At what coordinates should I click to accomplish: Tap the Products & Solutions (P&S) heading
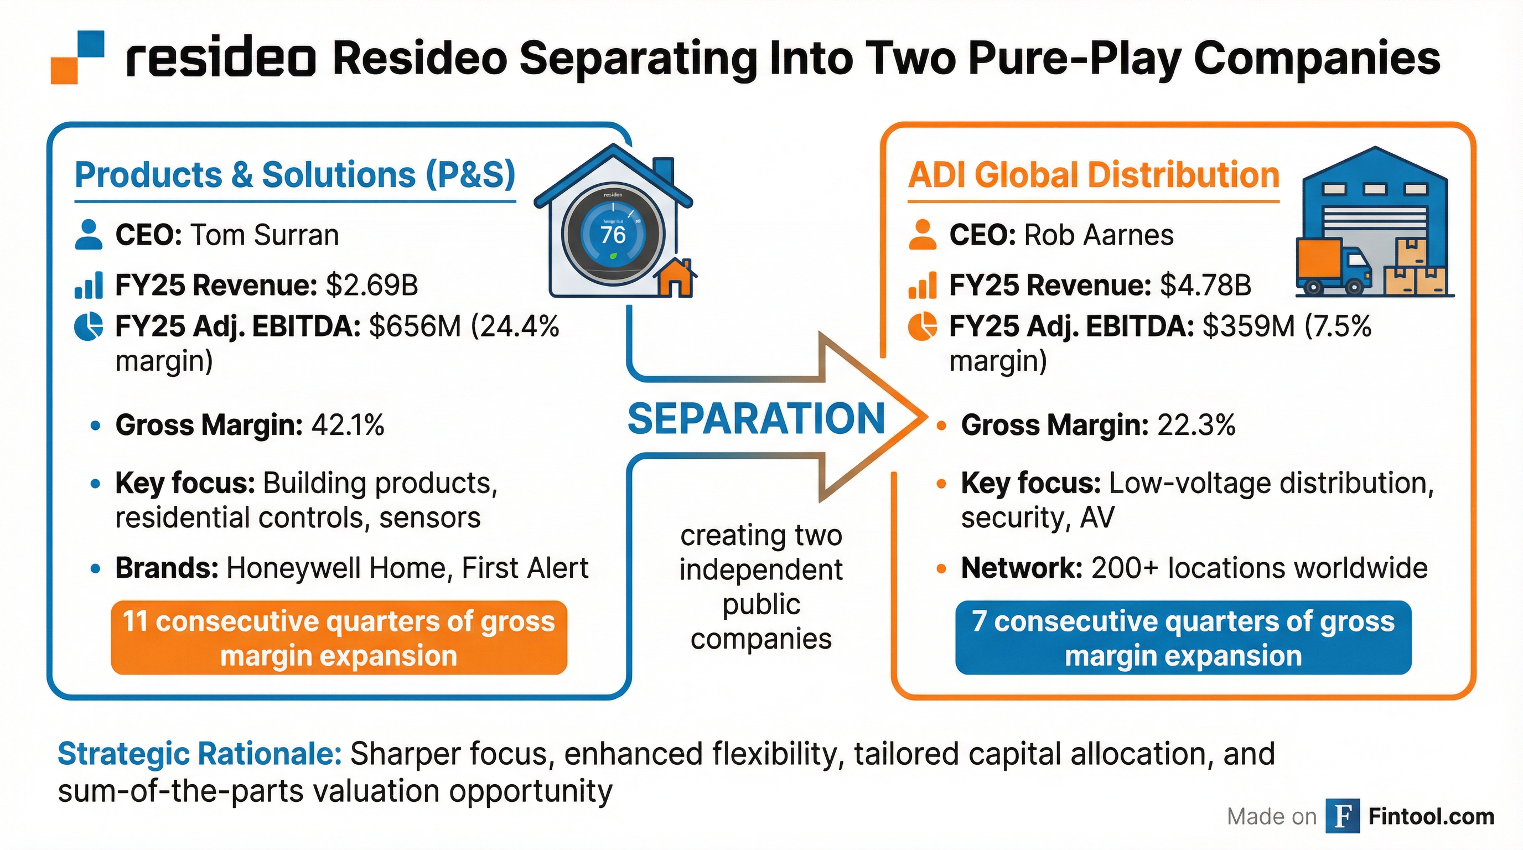(x=295, y=175)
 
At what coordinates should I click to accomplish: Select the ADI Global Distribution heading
(x=1094, y=175)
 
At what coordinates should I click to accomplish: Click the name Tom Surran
(x=265, y=235)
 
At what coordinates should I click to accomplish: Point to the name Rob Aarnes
(x=1099, y=235)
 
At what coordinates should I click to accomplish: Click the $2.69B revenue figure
(x=372, y=286)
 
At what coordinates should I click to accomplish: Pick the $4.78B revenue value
(x=1205, y=286)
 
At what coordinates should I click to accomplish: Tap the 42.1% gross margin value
(x=348, y=425)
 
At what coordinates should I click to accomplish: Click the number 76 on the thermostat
(x=613, y=235)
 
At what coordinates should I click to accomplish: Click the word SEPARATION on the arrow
(x=756, y=418)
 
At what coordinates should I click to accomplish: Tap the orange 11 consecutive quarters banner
(x=339, y=638)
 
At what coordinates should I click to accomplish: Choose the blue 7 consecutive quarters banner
(x=1183, y=638)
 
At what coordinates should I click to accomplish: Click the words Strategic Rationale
(x=199, y=754)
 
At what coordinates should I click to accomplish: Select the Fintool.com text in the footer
(x=1431, y=816)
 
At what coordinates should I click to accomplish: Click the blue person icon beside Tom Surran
(x=89, y=235)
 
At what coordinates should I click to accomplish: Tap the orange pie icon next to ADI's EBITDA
(x=923, y=327)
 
